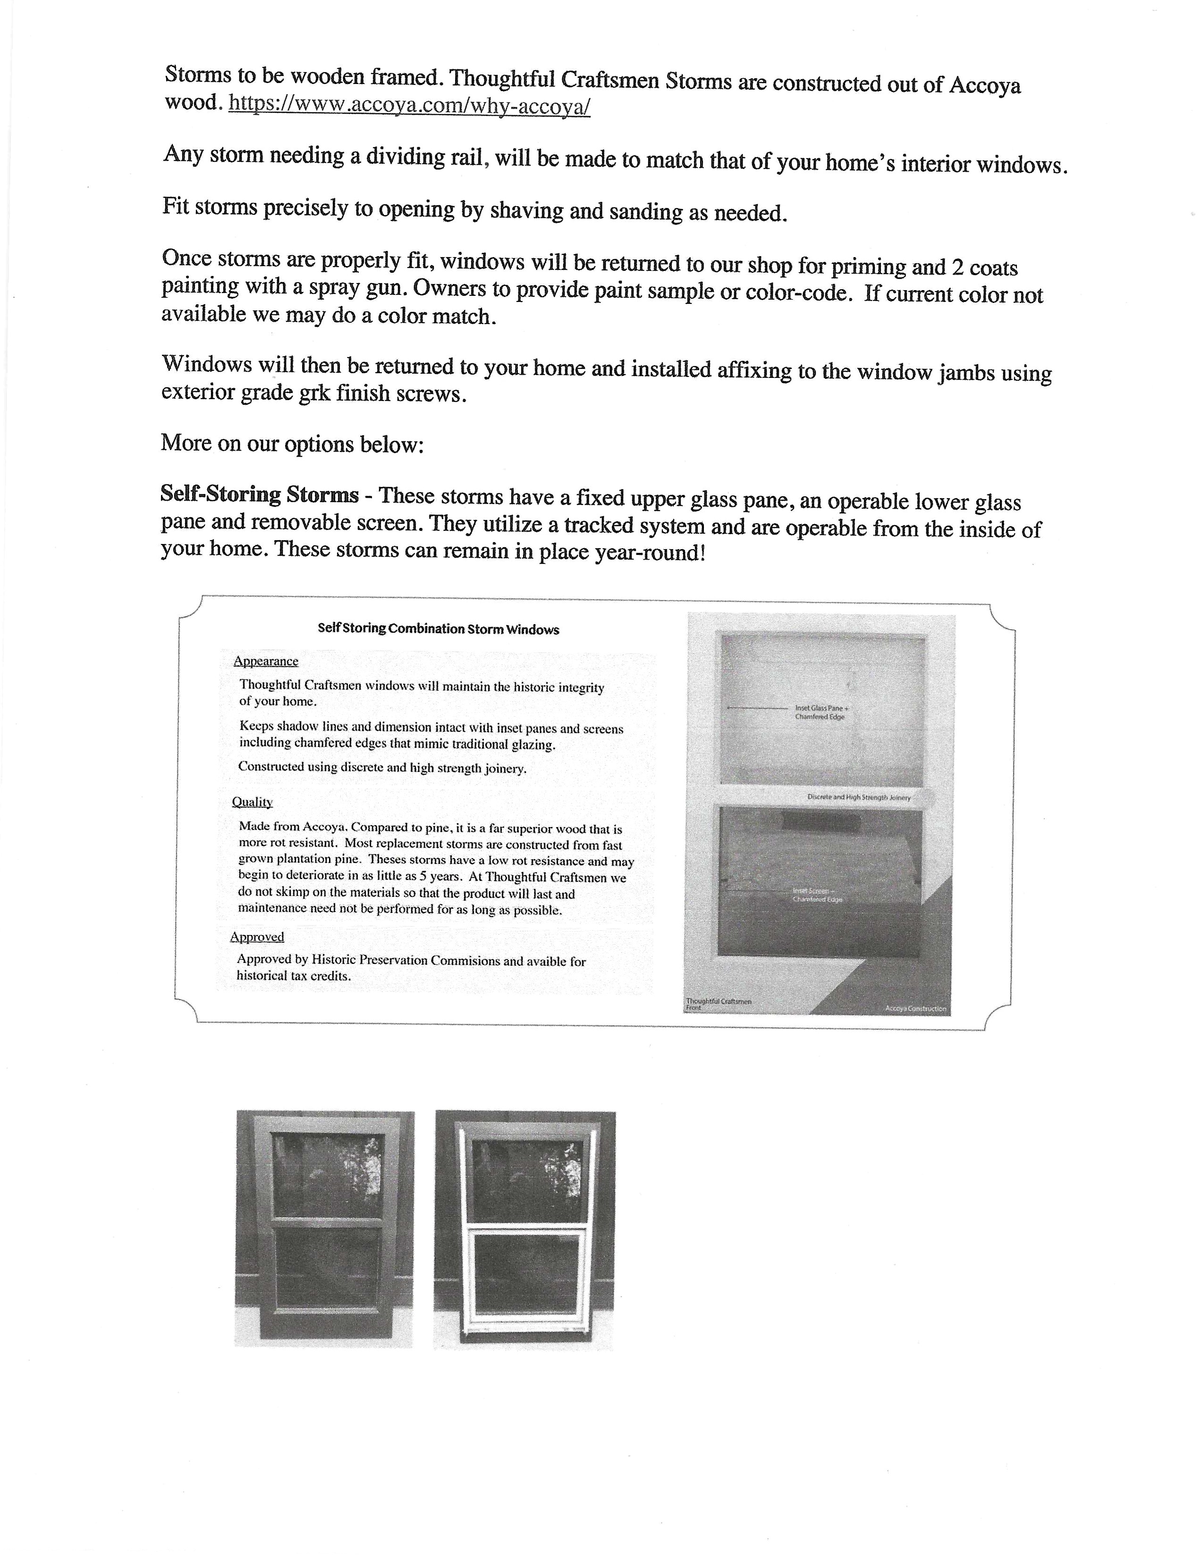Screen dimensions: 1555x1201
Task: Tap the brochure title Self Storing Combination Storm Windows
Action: click(438, 629)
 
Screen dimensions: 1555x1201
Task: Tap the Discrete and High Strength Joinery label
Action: click(858, 797)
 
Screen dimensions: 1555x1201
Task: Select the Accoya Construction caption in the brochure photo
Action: click(915, 1008)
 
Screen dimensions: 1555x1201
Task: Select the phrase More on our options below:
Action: click(292, 443)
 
